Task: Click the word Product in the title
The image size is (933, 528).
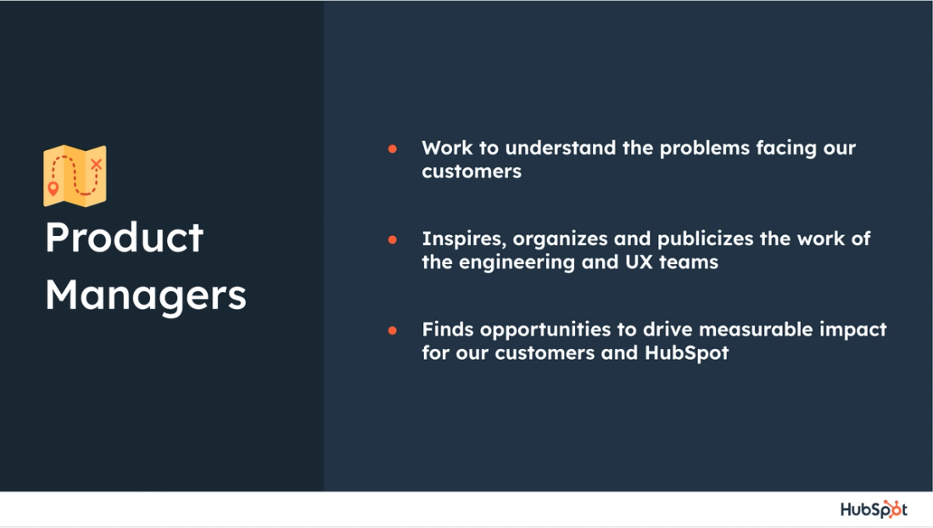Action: tap(124, 238)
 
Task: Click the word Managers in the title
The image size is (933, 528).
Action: tap(145, 295)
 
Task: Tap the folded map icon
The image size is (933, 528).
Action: tap(75, 176)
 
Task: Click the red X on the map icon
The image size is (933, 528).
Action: tap(96, 164)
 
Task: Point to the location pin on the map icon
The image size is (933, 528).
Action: tap(53, 188)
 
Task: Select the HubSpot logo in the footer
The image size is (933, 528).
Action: tap(873, 509)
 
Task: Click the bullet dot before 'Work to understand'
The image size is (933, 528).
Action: tap(393, 149)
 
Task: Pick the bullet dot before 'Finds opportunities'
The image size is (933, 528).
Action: tap(393, 330)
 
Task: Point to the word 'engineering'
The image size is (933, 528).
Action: tap(515, 262)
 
